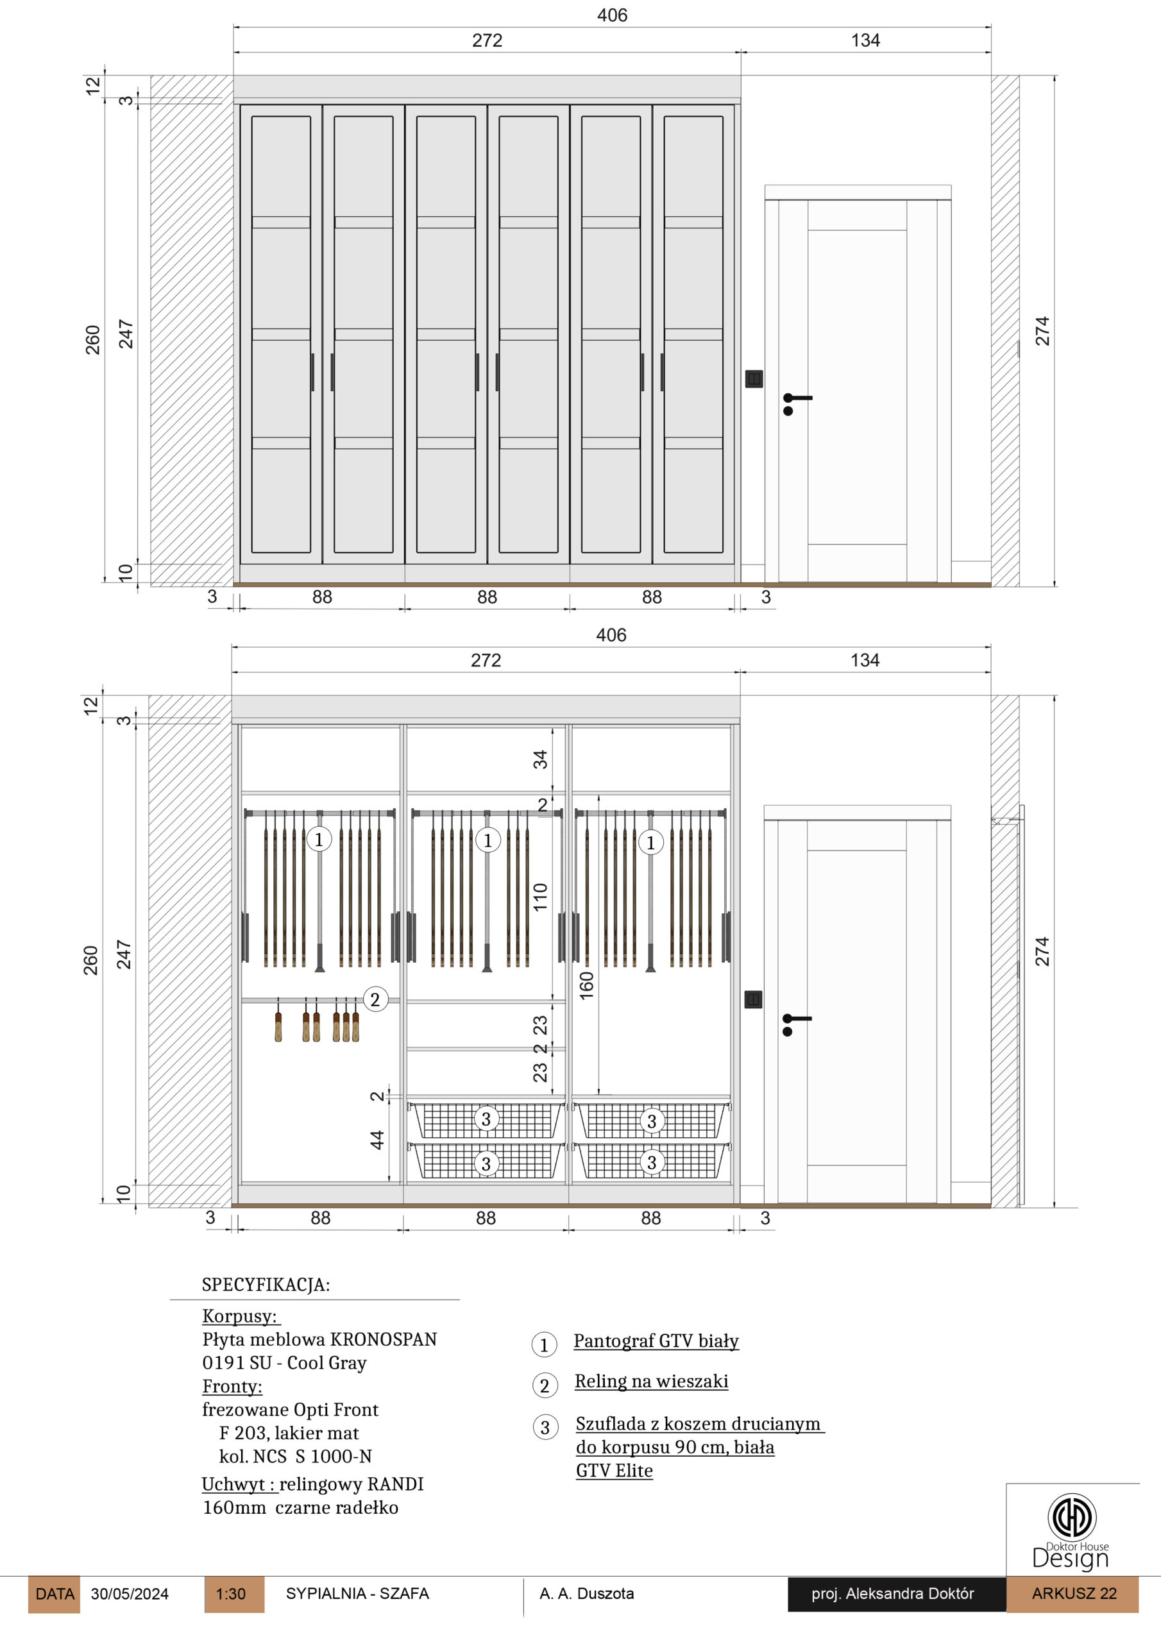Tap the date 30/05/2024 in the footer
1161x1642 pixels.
[130, 1594]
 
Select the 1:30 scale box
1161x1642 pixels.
[234, 1594]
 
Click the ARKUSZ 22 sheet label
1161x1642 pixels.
[1074, 1593]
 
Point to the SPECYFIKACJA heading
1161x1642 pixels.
[266, 1285]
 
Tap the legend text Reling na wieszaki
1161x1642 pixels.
[651, 1381]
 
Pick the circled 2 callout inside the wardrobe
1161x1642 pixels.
[375, 999]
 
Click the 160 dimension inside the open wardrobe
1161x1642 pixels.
[586, 985]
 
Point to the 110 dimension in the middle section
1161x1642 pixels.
[540, 897]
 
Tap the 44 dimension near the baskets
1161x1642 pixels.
[377, 1140]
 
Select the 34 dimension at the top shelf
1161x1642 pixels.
[540, 759]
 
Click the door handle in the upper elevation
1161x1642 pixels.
[797, 403]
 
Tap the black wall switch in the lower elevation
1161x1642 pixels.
[753, 999]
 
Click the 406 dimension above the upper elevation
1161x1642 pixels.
[613, 15]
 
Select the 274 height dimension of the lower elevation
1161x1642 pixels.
[1042, 952]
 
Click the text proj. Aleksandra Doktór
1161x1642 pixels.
[893, 1593]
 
